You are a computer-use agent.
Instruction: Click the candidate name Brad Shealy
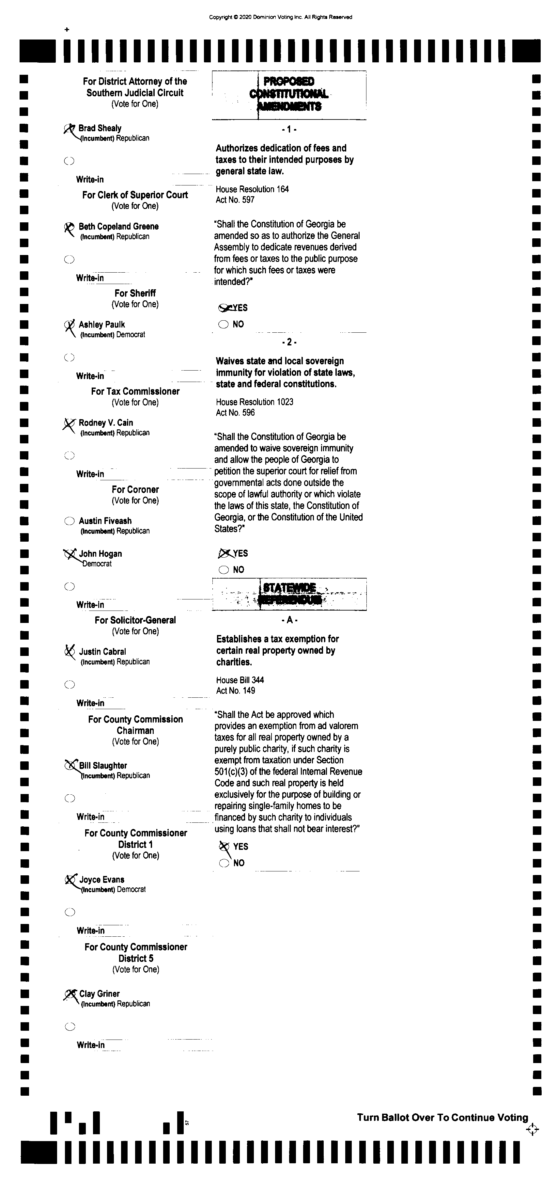point(100,128)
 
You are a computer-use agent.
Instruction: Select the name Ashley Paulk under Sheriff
point(101,325)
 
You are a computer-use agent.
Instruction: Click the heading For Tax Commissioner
point(135,391)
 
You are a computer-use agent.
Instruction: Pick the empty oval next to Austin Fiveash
point(69,521)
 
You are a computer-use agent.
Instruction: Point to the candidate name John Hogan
point(101,554)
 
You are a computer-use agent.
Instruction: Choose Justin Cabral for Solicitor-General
point(102,652)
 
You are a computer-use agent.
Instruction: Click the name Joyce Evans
point(102,880)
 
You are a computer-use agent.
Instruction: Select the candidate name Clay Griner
point(100,994)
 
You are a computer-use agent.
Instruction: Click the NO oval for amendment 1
point(223,325)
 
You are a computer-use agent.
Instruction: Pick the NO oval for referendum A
point(224,863)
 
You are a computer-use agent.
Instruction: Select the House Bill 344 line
point(240,680)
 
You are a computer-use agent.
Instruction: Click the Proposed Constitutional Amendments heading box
point(289,95)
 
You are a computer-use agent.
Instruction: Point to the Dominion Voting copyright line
point(280,17)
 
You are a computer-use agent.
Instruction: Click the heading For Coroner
point(135,489)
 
